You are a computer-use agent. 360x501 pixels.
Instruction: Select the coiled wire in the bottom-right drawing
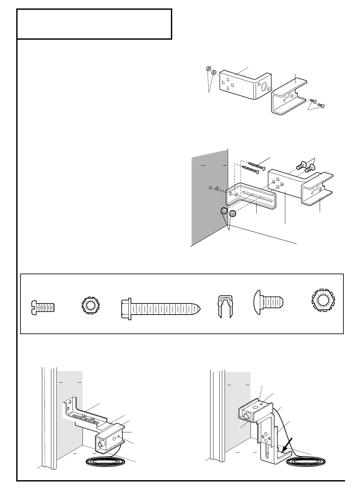click(306, 462)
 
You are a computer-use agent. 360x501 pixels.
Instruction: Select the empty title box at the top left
click(94, 24)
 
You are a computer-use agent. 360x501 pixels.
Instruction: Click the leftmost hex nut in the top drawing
click(208, 69)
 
